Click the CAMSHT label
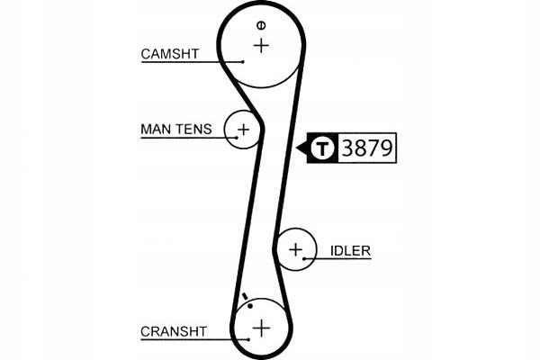170,54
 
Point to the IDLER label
350,251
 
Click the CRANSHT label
174,331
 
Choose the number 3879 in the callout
367,148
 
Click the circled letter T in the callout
322,148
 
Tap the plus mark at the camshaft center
261,46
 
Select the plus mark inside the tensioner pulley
244,130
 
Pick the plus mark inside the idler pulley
295,249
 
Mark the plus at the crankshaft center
261,328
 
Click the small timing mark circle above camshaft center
261,25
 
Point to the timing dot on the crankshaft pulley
250,306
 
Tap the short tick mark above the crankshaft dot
245,296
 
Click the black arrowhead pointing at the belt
301,148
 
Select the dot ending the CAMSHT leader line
243,62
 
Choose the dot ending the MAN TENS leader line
237,138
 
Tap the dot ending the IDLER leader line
304,258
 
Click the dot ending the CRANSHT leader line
248,339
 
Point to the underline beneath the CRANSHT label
194,339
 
